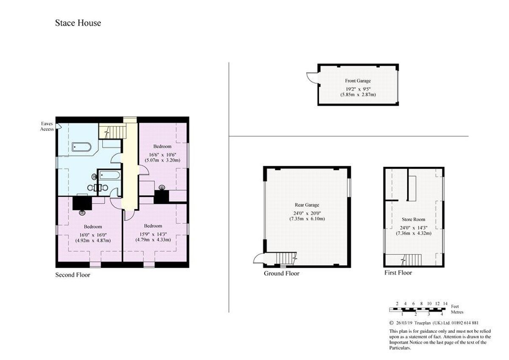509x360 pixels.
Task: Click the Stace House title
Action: point(78,23)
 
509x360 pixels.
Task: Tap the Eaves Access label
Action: point(47,126)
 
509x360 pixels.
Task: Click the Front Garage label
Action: point(358,81)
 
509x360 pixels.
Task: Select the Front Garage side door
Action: point(312,77)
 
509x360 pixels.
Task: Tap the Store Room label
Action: point(413,219)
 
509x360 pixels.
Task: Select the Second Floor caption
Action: point(73,275)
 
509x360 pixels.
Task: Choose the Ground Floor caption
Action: point(281,273)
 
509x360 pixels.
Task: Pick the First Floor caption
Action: point(398,273)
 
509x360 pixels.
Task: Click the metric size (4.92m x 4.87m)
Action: point(93,240)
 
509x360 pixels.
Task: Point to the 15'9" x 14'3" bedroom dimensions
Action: point(153,233)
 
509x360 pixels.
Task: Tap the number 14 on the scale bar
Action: point(445,304)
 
